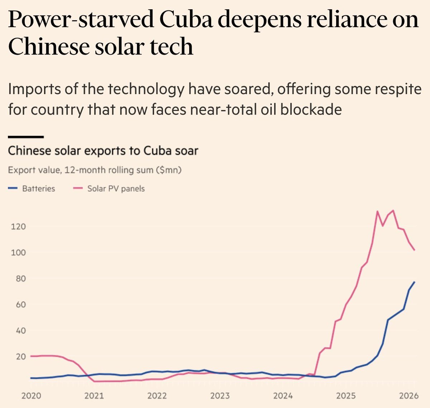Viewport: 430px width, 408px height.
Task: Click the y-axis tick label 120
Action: (18, 227)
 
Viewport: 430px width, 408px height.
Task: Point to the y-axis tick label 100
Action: (18, 252)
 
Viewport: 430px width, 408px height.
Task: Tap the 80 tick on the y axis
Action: (21, 278)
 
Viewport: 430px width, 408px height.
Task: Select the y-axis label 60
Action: (21, 305)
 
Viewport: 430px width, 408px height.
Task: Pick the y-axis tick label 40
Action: (21, 330)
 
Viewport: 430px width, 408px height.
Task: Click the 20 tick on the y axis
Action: (21, 356)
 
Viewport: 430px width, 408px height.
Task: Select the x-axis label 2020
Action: (31, 396)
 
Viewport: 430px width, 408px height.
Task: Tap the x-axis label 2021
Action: (94, 396)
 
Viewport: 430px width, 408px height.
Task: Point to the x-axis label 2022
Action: (157, 396)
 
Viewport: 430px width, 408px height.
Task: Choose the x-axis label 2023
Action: (220, 396)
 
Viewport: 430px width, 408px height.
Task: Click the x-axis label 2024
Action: (283, 396)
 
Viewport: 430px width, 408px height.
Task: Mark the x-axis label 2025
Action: (346, 396)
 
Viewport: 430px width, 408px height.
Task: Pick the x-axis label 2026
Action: (409, 396)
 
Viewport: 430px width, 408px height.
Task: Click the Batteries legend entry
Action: (32, 189)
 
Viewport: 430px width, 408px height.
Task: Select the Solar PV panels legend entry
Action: (109, 189)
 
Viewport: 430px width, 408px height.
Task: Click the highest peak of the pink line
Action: (393, 210)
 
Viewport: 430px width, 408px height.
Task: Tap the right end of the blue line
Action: (415, 282)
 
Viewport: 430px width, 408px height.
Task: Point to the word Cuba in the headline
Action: (187, 19)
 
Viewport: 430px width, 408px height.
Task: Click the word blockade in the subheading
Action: (311, 109)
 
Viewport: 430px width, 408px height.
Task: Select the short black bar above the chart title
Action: (26, 137)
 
